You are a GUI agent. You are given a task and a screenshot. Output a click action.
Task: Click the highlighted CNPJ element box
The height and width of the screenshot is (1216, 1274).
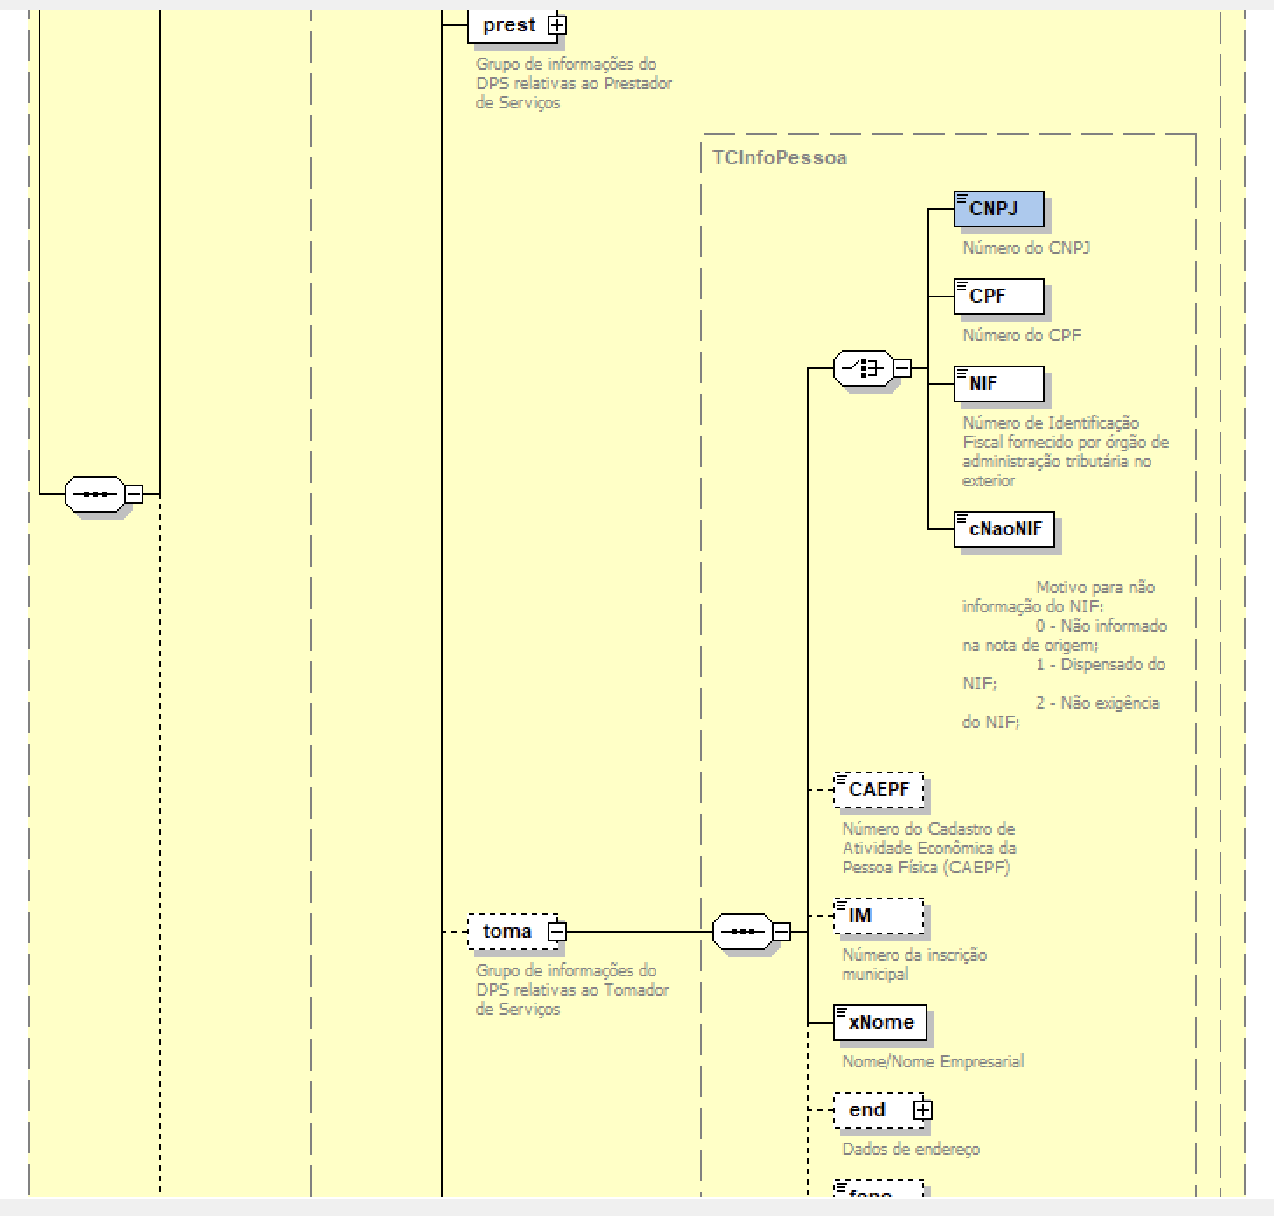(998, 210)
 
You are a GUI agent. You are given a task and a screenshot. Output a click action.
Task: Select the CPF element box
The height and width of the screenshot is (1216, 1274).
(998, 297)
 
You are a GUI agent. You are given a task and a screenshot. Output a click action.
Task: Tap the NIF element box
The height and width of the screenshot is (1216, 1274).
(998, 384)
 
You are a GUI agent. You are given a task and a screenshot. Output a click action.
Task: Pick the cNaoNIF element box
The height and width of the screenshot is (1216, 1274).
(1004, 529)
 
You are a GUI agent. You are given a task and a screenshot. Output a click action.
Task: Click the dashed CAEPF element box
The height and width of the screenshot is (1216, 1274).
(878, 790)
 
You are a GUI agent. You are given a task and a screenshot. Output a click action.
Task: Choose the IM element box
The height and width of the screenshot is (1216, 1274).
(878, 916)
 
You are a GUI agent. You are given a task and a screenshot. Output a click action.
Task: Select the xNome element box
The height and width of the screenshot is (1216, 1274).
(879, 1023)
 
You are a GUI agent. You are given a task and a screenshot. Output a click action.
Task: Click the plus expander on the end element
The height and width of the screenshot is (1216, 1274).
(923, 1110)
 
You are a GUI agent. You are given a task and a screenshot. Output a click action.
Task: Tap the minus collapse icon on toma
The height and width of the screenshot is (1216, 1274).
(557, 932)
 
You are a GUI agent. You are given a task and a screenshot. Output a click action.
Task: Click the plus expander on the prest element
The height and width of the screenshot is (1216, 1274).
(557, 25)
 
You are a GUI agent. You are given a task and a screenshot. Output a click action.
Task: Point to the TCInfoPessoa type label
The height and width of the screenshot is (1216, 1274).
(779, 158)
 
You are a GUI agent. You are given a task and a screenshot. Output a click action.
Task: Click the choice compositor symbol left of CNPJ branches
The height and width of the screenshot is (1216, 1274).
(863, 368)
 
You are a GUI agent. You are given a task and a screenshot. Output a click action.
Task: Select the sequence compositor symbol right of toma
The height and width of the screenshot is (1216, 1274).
(742, 932)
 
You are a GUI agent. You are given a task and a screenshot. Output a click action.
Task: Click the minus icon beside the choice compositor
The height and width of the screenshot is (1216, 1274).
(901, 368)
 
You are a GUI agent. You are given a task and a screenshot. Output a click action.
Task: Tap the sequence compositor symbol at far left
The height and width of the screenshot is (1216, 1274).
(94, 494)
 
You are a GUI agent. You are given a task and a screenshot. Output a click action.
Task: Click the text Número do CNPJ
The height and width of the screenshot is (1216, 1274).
(1025, 248)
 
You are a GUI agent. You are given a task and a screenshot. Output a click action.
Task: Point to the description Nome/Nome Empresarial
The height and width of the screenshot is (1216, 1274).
(932, 1061)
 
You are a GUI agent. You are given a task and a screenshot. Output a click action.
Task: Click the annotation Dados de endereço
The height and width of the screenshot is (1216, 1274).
(910, 1149)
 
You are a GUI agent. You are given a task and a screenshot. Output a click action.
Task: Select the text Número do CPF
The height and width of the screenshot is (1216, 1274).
(1021, 335)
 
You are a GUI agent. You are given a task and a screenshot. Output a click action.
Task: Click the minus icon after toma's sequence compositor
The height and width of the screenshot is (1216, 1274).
(781, 932)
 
